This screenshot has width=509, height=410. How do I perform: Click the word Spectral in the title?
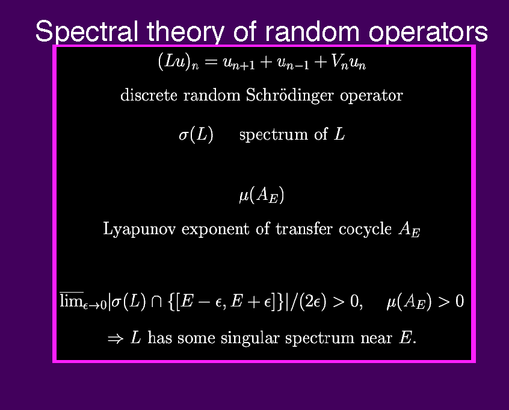pos(87,31)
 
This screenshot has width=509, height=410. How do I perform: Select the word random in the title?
pos(312,31)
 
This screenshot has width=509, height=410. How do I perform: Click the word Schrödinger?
pos(289,95)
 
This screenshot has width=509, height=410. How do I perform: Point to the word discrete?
pos(149,95)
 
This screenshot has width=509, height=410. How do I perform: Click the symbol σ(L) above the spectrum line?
pos(196,134)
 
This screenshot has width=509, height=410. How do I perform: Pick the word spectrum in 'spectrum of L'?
pos(273,134)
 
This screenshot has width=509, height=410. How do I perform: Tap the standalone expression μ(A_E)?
pos(262,195)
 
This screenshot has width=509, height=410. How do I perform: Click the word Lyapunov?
pos(139,229)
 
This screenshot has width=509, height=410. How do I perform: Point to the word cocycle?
pos(365,229)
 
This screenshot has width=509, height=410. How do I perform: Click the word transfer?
pos(304,228)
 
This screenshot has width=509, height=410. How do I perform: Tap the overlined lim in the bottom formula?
pos(72,300)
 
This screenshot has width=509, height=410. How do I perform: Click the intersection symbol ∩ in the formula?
pos(157,302)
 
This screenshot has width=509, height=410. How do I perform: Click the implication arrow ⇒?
pos(116,339)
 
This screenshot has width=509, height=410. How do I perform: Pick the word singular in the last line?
pos(250,338)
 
